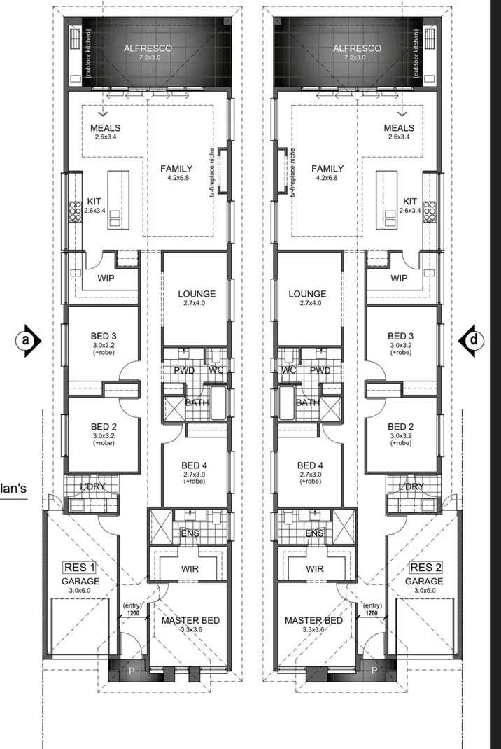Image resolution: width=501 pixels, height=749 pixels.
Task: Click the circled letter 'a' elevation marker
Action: click(27, 339)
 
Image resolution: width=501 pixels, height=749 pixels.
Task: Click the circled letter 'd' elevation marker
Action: click(475, 339)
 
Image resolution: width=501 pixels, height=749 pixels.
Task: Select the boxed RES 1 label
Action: click(79, 568)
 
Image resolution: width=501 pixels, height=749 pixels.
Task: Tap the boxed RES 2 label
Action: click(426, 568)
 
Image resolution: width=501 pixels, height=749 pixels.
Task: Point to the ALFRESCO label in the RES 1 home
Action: click(148, 48)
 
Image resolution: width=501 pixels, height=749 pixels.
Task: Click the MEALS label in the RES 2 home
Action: click(399, 128)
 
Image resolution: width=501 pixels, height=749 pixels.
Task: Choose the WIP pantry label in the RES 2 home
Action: click(399, 278)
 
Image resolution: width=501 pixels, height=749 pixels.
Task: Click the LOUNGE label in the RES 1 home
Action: click(197, 294)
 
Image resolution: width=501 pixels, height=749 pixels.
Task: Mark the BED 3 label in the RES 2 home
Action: click(401, 337)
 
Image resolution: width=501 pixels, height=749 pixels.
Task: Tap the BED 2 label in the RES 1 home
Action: click(104, 426)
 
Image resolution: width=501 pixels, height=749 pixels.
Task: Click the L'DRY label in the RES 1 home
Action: click(92, 486)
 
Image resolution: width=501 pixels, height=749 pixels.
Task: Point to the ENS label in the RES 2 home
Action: click(315, 534)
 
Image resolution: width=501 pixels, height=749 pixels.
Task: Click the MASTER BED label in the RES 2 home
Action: click(313, 620)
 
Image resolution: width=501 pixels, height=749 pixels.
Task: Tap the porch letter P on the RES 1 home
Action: click(130, 671)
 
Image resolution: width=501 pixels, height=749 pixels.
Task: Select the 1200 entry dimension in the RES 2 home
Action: click(372, 613)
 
